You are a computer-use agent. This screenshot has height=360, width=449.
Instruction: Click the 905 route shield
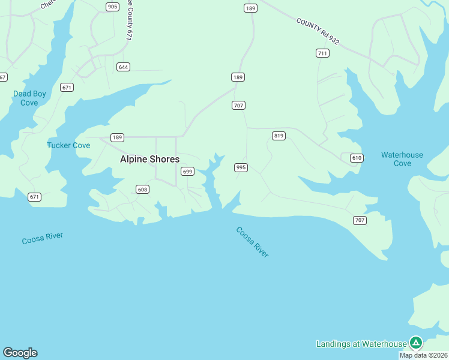(112, 7)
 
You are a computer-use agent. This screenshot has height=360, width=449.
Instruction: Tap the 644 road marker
(124, 67)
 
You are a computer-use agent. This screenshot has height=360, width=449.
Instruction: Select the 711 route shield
(322, 53)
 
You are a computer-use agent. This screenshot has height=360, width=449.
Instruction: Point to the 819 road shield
(279, 136)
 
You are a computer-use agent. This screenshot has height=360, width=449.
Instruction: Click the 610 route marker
(357, 158)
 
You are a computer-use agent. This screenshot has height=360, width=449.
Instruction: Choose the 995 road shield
(241, 167)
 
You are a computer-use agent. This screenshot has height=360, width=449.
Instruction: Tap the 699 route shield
(187, 172)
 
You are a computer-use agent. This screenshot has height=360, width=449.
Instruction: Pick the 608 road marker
(142, 190)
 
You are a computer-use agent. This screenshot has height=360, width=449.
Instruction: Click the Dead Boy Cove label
(29, 98)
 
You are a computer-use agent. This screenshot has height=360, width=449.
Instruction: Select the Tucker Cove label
(68, 145)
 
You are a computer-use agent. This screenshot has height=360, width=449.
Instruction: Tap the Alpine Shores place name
(149, 159)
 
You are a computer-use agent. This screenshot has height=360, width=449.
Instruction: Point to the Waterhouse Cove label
(402, 159)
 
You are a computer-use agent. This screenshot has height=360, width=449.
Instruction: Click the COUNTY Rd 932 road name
(318, 31)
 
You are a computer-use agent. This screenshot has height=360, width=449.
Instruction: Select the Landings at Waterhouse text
(361, 344)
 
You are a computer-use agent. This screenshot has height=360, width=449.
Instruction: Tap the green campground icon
(416, 343)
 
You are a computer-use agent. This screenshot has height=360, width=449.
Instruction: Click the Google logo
(20, 353)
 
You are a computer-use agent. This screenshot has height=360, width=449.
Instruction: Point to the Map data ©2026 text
(423, 355)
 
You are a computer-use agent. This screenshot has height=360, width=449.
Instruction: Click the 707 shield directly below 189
(238, 106)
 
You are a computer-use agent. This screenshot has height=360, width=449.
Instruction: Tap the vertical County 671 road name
(128, 21)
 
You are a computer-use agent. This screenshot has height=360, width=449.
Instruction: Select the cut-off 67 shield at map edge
(3, 77)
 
